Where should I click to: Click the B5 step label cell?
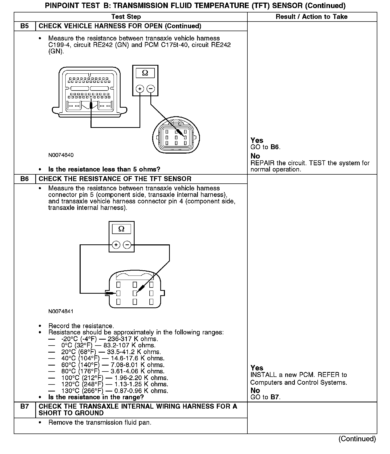(x=25, y=26)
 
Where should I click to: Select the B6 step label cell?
(x=25, y=179)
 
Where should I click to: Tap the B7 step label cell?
(x=25, y=410)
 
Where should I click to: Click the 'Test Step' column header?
(x=126, y=17)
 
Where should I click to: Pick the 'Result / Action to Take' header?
(x=311, y=17)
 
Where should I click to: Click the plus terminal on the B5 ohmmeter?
(x=140, y=89)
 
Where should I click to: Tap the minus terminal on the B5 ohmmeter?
(x=151, y=89)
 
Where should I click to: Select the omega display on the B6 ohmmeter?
(x=121, y=229)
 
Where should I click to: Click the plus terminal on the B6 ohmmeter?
(x=116, y=245)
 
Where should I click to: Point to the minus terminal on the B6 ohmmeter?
(x=127, y=245)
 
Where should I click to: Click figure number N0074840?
(x=61, y=155)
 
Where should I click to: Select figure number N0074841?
(x=61, y=311)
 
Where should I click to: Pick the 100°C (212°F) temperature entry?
(x=82, y=378)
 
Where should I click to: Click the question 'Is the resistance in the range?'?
(x=96, y=397)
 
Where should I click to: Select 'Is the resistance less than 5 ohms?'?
(x=104, y=169)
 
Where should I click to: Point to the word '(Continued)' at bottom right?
(x=357, y=439)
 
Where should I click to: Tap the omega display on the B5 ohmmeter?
(x=145, y=73)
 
